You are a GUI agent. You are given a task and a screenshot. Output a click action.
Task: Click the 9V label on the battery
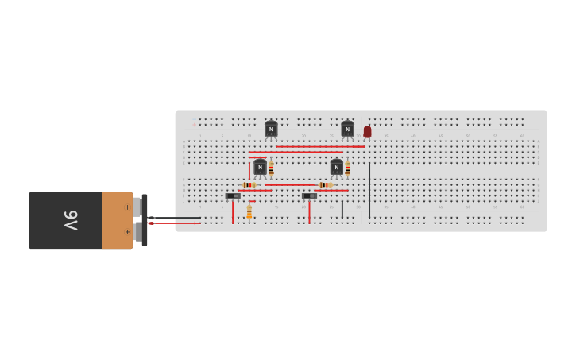click(70, 220)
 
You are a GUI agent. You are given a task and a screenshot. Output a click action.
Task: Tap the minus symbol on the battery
click(127, 207)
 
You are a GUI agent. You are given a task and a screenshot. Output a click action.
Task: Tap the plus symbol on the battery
click(127, 232)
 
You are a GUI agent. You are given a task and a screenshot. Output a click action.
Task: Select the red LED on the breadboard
click(367, 131)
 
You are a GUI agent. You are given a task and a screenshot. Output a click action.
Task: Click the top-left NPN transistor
click(271, 129)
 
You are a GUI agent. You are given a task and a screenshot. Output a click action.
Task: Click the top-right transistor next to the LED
click(347, 129)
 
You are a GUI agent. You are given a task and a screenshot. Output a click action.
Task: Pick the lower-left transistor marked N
click(260, 167)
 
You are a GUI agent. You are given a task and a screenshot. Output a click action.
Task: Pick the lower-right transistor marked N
click(337, 167)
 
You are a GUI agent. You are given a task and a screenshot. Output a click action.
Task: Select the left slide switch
click(233, 195)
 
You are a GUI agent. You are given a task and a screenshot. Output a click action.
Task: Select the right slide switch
click(309, 195)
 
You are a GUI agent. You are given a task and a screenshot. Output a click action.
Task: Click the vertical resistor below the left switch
click(249, 212)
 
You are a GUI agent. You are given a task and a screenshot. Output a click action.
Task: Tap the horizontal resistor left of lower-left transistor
click(249, 185)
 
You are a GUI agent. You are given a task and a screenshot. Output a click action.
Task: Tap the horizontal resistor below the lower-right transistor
click(325, 185)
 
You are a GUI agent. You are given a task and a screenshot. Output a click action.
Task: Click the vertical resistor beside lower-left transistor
click(271, 168)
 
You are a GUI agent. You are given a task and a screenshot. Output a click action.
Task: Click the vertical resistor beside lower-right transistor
click(347, 168)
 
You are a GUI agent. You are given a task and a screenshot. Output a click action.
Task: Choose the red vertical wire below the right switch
click(309, 212)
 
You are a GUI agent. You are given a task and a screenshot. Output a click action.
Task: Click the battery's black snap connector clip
click(145, 220)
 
